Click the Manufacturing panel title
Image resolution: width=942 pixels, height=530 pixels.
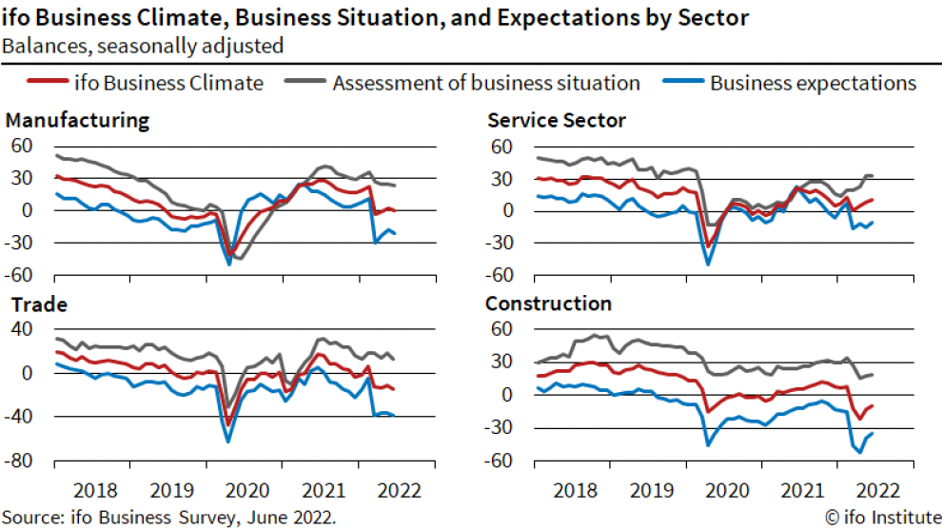77,121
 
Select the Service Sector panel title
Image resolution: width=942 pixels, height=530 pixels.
556,121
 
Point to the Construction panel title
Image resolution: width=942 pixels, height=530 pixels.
548,304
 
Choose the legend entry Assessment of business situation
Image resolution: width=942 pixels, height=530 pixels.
485,83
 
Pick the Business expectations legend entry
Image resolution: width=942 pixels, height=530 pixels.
813,83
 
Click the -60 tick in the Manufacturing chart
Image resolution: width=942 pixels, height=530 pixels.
22,276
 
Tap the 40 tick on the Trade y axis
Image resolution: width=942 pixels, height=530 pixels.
22,329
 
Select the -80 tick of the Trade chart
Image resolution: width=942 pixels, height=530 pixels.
22,461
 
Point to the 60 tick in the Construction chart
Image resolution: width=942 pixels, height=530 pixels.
501,330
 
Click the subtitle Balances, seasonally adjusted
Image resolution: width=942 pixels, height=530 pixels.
142,45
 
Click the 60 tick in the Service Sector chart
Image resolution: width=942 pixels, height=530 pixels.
501,146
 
